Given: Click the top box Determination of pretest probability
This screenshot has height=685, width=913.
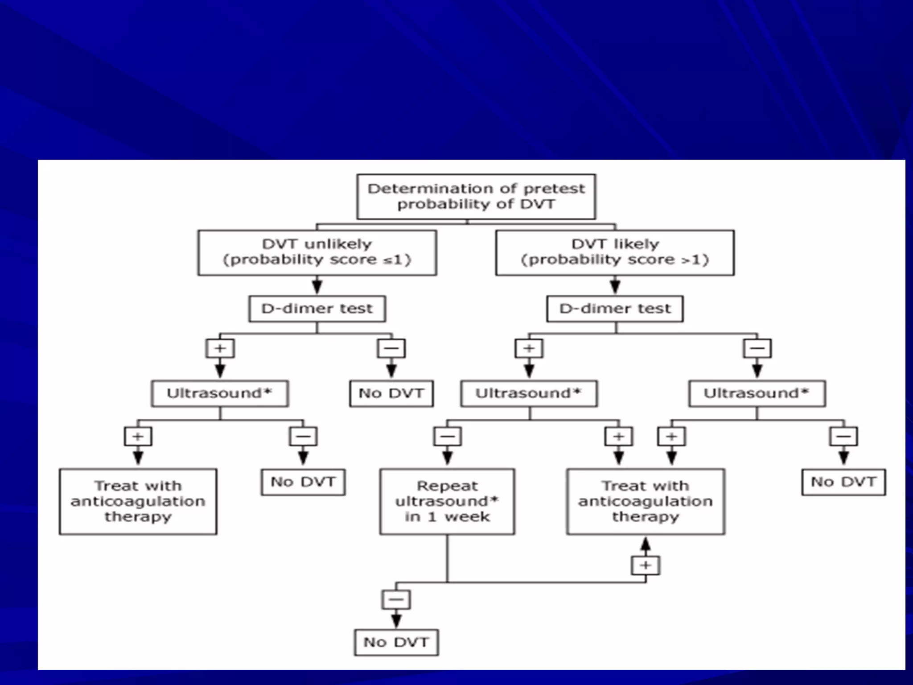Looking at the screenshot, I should [x=476, y=196].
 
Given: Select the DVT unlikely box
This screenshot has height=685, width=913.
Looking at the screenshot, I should [x=317, y=252].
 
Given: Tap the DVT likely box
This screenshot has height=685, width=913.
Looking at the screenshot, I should [x=615, y=252].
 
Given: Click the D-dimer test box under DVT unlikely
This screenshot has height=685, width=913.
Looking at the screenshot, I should [x=317, y=309].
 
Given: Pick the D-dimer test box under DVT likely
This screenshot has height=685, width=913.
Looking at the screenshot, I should [x=615, y=309].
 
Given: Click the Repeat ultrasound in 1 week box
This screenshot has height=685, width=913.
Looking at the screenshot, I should [x=447, y=501].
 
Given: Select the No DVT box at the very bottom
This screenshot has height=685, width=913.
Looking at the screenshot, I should [x=396, y=642].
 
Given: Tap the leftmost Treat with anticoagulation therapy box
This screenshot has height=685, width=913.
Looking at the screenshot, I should [x=138, y=501].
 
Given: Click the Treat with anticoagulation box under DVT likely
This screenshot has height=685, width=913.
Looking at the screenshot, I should [x=646, y=501].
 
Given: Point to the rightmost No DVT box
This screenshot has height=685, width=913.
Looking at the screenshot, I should [x=843, y=482].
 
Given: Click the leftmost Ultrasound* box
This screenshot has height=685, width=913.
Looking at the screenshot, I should [x=220, y=393].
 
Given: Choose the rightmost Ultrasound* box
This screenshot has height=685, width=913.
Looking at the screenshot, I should [x=757, y=393].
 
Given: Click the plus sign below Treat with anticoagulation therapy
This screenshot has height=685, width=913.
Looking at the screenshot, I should [x=646, y=565].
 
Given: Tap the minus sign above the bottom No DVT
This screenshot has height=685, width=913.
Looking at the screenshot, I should [x=396, y=599].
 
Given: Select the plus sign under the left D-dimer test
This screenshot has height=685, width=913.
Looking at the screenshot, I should [x=220, y=348].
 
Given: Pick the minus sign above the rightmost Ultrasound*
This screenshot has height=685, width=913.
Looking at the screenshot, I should [x=757, y=348].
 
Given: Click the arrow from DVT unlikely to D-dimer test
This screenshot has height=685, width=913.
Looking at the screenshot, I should [x=317, y=285].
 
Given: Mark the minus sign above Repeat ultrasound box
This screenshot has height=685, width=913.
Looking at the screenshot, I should [x=448, y=437].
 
